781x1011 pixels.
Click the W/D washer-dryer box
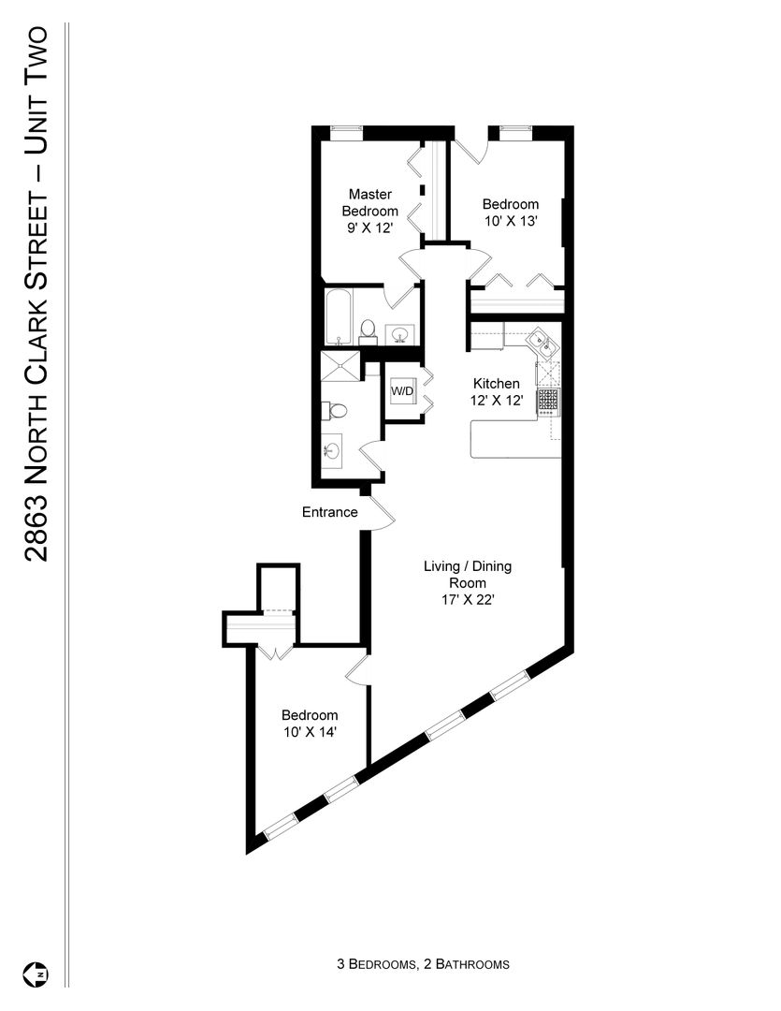click(403, 390)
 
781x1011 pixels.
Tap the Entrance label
click(330, 512)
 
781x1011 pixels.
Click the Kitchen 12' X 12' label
click(496, 391)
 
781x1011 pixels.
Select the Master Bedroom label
click(369, 202)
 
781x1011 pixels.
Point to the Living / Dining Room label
click(468, 583)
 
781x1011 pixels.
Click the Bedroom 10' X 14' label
click(310, 724)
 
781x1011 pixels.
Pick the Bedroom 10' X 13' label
click(511, 212)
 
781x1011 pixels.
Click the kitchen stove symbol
click(549, 401)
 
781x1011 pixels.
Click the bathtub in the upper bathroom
click(339, 316)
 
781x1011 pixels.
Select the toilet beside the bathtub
click(368, 329)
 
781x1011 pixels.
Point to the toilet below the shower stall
click(335, 410)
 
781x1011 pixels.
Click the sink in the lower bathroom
click(332, 448)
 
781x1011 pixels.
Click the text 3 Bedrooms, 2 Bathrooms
click(423, 964)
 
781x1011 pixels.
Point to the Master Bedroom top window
click(347, 131)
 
